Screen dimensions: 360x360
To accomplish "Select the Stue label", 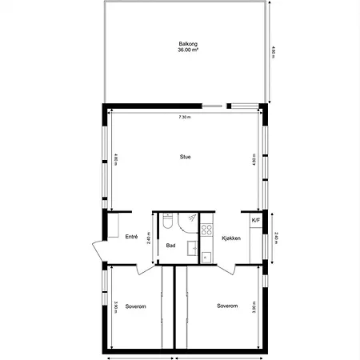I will click(185, 157).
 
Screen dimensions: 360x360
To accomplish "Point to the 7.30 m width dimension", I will click(185, 117).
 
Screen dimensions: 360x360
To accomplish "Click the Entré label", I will click(132, 237).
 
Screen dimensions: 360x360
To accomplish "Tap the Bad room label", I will click(170, 245).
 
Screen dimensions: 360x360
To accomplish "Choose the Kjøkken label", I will click(230, 238).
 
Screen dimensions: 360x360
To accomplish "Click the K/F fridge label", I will click(256, 221).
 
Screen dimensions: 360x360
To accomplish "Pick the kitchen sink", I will click(206, 256).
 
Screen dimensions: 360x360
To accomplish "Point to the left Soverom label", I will click(135, 306).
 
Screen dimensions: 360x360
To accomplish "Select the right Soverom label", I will click(228, 306).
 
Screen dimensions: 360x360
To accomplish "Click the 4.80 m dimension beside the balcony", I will click(274, 52).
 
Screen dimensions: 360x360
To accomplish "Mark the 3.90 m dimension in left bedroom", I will click(116, 306).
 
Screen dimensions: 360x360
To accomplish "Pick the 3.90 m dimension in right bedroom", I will click(254, 306).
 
